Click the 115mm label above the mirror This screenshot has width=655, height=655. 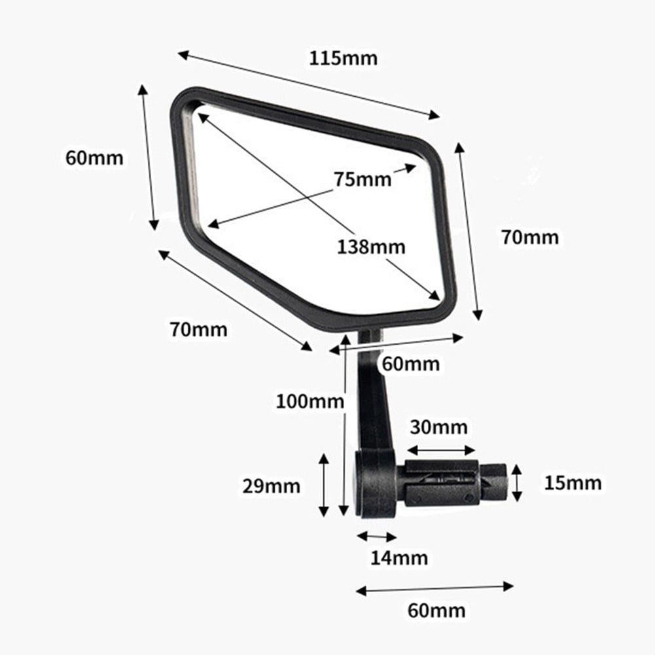coord(343,58)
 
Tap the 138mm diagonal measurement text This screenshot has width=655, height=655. coord(371,247)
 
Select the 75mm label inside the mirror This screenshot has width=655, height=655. coord(362,179)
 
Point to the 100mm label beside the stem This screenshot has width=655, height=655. coord(310,401)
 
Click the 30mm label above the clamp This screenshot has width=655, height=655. coord(438,427)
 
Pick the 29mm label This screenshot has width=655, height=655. coord(271,486)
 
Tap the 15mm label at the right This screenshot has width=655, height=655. coord(573,483)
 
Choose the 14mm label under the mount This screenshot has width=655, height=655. coord(399,558)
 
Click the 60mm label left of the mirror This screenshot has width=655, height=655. coord(94,158)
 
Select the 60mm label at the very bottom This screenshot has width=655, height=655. coord(436,611)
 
